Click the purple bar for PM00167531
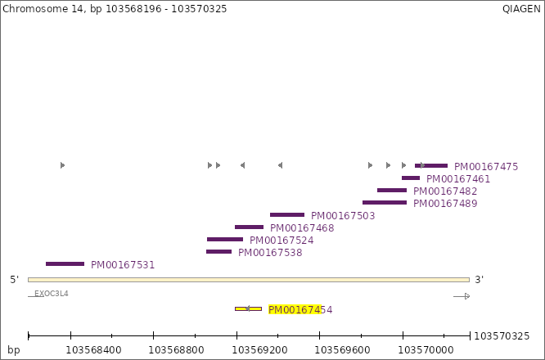pos(65,263)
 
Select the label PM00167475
pos(486,167)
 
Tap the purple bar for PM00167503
pos(287,214)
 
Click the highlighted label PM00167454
pos(300,310)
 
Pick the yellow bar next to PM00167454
pos(248,308)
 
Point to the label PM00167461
pos(458,179)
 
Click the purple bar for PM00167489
pos(385,202)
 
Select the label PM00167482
pos(445,191)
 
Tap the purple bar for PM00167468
pos(249,227)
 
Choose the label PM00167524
pos(282,241)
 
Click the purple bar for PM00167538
pos(218,251)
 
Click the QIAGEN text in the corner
pos(521,8)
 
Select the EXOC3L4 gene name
pos(52,293)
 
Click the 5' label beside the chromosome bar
pos(15,280)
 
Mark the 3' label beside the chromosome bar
pos(480,280)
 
